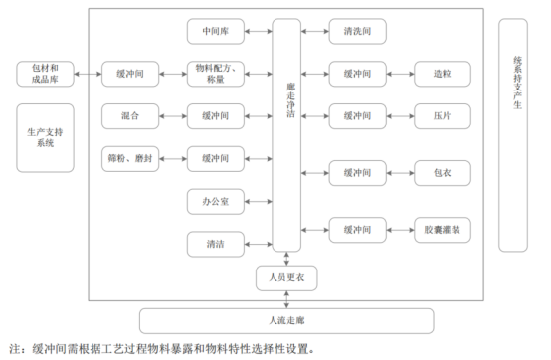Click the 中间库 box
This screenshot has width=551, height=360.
coord(215,31)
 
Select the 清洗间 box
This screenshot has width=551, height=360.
coord(359,31)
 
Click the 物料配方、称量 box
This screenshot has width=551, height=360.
coord(215,74)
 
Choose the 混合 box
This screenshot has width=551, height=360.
coord(129,116)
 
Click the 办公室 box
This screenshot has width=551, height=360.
coord(215,202)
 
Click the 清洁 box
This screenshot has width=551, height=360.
coord(215,243)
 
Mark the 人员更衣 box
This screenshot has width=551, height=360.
coord(285,277)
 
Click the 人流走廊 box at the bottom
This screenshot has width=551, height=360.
coord(285,320)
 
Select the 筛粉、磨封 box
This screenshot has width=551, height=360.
coord(129,158)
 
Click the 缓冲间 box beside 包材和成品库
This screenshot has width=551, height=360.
coord(129,74)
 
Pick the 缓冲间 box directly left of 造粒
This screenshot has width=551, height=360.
coord(359,74)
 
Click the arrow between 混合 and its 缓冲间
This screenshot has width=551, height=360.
coord(172,116)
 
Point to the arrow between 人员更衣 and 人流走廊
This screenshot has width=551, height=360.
coord(285,298)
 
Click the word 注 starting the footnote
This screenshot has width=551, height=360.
coord(13,349)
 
